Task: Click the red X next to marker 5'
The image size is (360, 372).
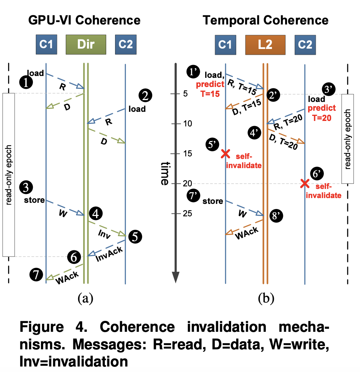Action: click(226, 153)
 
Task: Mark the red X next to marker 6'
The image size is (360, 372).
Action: click(304, 183)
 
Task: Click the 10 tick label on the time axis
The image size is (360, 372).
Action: click(187, 124)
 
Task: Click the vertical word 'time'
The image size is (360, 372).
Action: click(164, 173)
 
